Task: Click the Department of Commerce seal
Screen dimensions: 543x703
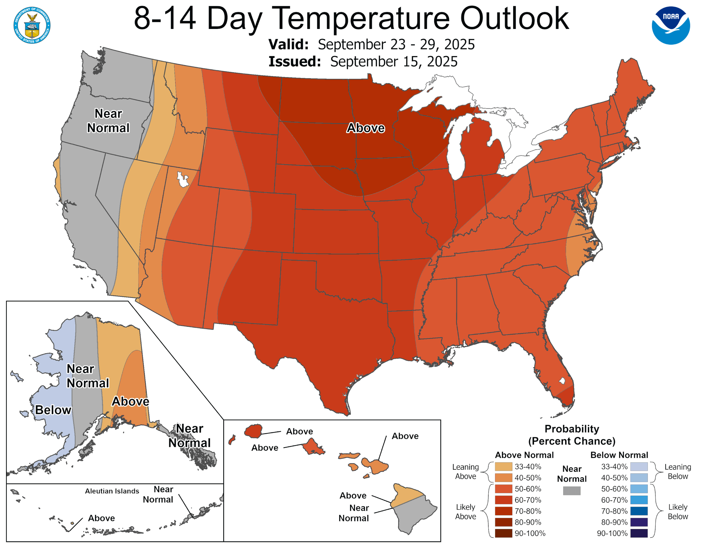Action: click(32, 25)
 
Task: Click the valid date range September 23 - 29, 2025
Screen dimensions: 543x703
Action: click(396, 44)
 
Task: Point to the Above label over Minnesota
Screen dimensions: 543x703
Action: click(365, 128)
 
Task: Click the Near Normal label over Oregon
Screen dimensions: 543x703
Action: click(108, 121)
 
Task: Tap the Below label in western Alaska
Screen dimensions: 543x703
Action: click(53, 410)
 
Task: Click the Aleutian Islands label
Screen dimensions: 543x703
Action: click(112, 491)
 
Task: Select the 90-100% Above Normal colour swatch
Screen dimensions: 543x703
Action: click(503, 533)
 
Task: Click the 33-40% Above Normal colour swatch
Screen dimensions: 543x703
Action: click(503, 467)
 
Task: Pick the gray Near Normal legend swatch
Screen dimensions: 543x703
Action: click(572, 490)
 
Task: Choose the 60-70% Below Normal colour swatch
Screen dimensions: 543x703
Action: click(639, 500)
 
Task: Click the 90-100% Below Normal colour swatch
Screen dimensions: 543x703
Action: click(639, 533)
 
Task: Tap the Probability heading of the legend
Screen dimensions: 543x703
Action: click(572, 429)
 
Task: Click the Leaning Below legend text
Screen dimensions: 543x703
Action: click(678, 471)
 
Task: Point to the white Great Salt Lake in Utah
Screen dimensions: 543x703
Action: click(183, 180)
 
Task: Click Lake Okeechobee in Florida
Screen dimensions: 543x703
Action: click(562, 381)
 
